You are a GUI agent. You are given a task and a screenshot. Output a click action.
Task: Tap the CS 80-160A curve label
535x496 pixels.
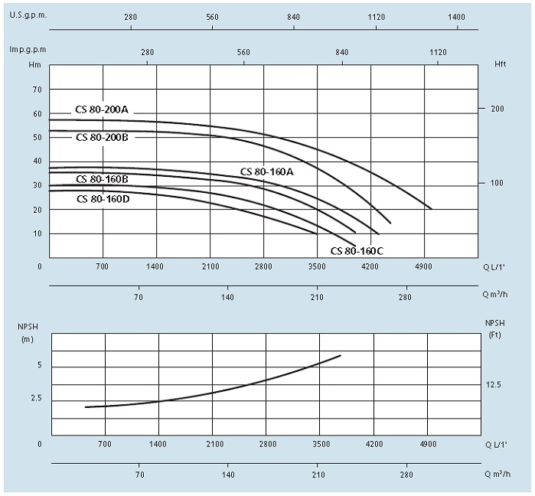point(267,171)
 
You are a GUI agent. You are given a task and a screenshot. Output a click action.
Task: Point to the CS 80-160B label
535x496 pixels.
point(102,179)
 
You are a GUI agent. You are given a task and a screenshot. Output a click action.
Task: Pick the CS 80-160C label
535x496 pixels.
point(357,250)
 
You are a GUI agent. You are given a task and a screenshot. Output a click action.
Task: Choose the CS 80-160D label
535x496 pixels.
point(103,199)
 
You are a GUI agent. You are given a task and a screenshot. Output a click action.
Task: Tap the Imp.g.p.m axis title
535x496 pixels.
point(28,49)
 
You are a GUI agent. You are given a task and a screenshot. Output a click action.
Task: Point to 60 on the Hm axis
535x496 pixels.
point(36,113)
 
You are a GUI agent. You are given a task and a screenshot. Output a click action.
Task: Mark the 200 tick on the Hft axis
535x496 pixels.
point(497,109)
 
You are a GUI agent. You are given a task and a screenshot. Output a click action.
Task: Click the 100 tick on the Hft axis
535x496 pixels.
point(497,183)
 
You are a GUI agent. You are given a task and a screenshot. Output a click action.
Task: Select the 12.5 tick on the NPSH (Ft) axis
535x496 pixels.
point(492,384)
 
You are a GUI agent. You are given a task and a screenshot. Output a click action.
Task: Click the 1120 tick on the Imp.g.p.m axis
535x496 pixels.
point(438,52)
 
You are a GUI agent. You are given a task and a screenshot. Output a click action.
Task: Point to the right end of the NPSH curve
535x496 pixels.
point(341,355)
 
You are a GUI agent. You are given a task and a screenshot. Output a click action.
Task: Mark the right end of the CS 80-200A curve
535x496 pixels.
point(432,209)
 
